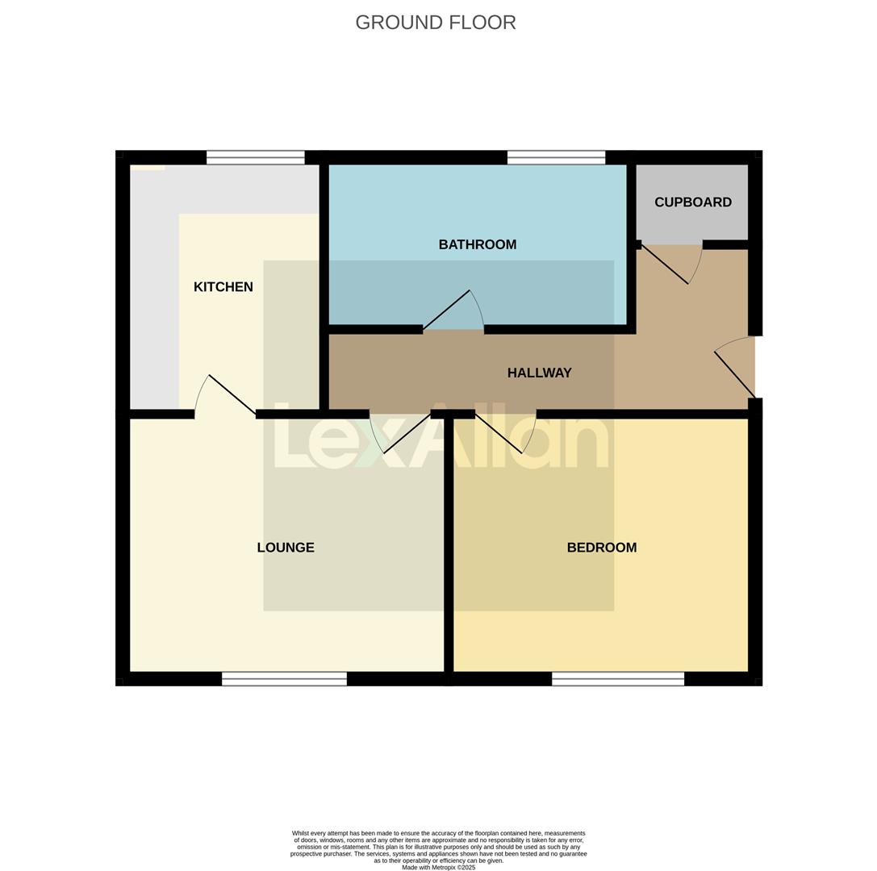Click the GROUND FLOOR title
436,23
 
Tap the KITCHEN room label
223,287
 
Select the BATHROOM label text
477,244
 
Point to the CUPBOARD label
692,202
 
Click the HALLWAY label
539,373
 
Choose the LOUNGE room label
286,548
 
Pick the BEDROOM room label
601,548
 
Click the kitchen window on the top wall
255,157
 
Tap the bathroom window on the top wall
556,157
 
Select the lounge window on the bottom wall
284,679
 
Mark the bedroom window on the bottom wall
618,679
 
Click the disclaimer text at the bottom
438,847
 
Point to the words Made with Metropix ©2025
438,868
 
